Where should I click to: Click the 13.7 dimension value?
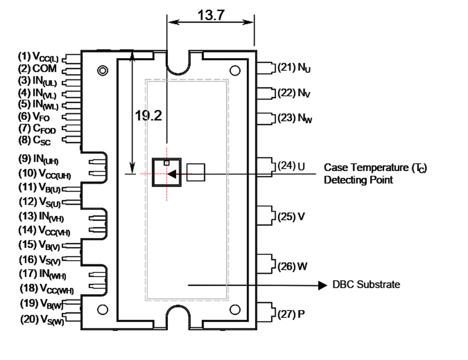click(211, 15)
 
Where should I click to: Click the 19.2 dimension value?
click(148, 116)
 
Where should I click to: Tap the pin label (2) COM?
click(37, 69)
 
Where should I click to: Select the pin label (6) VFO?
click(34, 116)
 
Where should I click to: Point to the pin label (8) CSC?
click(34, 140)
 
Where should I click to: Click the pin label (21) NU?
click(294, 68)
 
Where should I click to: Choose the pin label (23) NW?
click(294, 118)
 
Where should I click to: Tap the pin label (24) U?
click(291, 166)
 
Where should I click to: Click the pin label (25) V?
click(291, 216)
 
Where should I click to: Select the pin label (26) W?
click(292, 266)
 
